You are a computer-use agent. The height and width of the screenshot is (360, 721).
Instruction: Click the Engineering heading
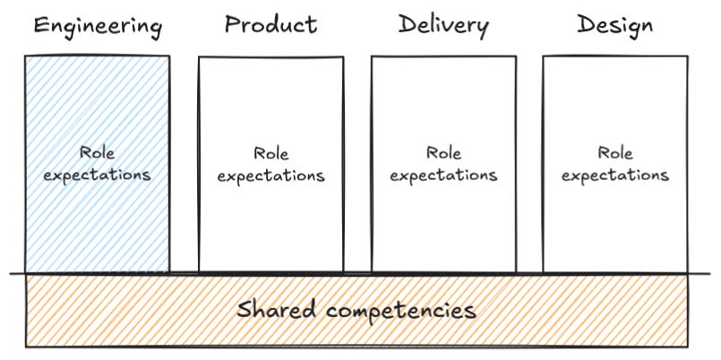click(97, 26)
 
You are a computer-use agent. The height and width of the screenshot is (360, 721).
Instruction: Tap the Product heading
click(270, 24)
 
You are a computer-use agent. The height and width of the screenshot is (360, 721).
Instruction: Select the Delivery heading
click(443, 24)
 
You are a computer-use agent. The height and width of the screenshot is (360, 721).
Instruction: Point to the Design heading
click(614, 24)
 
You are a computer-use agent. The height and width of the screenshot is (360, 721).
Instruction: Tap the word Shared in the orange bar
click(277, 310)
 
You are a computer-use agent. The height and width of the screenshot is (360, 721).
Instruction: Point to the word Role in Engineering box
click(97, 154)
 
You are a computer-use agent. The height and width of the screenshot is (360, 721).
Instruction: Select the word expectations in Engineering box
click(97, 175)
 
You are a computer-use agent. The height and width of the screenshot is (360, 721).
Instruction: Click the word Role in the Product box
click(270, 154)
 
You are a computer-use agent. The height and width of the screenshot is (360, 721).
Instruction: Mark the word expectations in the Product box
click(270, 176)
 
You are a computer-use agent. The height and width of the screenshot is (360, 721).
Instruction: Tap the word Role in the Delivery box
click(443, 154)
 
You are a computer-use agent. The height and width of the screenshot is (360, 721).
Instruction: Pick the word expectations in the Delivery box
click(443, 176)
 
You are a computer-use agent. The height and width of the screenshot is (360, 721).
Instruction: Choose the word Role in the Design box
click(615, 154)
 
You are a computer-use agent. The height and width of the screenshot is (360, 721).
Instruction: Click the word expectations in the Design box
click(615, 176)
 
